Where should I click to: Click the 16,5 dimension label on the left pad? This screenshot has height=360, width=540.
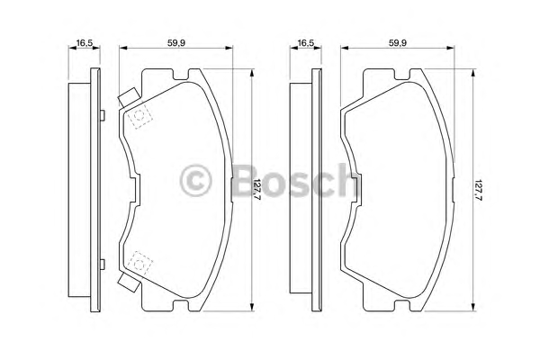tap(85, 43)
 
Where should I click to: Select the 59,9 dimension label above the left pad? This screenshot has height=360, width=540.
tap(176, 43)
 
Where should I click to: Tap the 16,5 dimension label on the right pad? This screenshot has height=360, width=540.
tap(306, 43)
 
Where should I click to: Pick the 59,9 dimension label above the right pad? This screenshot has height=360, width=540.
tap(398, 43)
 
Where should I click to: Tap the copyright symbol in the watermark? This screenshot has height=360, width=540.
tap(195, 181)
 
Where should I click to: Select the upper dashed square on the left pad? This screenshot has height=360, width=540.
tap(139, 116)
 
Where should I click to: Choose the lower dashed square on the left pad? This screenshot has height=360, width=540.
tap(139, 265)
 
